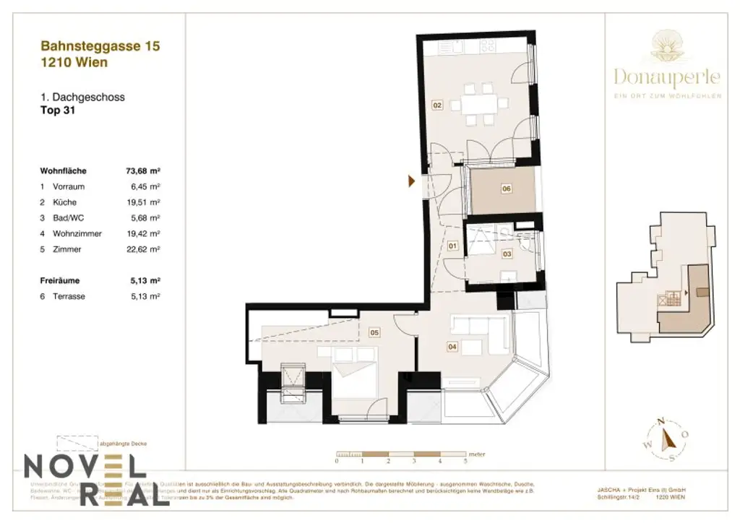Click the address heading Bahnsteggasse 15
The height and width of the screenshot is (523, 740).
(x=100, y=46)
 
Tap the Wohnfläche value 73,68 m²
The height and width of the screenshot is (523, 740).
(x=142, y=171)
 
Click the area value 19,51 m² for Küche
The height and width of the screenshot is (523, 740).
(x=142, y=202)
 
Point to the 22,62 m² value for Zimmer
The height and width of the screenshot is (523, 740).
(x=142, y=249)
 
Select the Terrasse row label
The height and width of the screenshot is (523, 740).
(x=69, y=296)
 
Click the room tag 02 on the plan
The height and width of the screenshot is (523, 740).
(x=437, y=105)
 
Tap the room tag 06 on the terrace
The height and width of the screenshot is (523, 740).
(x=507, y=189)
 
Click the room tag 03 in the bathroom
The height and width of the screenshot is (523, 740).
(x=507, y=254)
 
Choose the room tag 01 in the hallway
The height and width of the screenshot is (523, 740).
(x=453, y=246)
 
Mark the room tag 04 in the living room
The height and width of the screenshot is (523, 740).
(x=453, y=347)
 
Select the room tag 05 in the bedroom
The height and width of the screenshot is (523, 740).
(x=374, y=333)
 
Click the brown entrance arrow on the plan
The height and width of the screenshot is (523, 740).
(x=411, y=181)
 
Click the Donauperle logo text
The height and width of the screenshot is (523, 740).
(x=666, y=77)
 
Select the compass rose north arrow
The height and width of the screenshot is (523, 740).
(x=668, y=438)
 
